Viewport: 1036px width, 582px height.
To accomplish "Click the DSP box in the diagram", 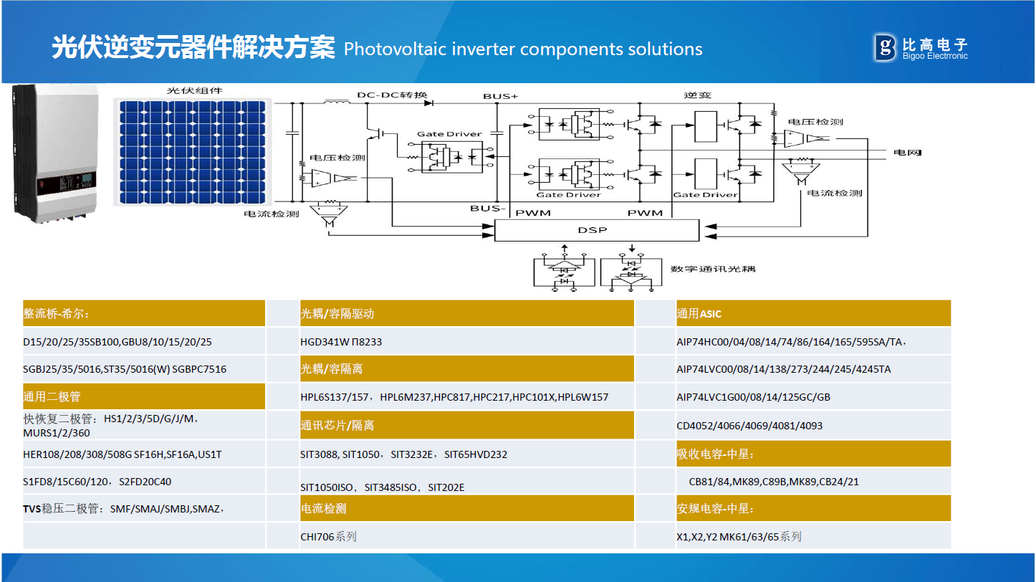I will point(596,231).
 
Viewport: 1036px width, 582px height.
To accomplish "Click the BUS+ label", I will point(500,96).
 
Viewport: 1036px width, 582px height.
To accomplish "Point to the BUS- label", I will point(488,208).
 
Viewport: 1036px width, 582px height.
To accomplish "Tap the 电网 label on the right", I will point(906,153).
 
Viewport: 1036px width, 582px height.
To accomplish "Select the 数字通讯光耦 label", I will point(713,269).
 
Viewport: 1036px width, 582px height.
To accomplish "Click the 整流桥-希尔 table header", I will point(57,314).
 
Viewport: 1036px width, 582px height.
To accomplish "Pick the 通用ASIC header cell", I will point(699,314).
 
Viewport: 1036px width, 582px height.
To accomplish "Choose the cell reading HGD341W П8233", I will point(341,342).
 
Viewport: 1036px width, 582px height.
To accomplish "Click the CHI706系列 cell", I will point(328,536).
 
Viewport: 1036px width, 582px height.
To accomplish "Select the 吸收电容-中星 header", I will point(716,454).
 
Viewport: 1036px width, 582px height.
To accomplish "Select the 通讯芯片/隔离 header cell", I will point(337,426).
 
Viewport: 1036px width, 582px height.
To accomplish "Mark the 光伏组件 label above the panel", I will point(195,91).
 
